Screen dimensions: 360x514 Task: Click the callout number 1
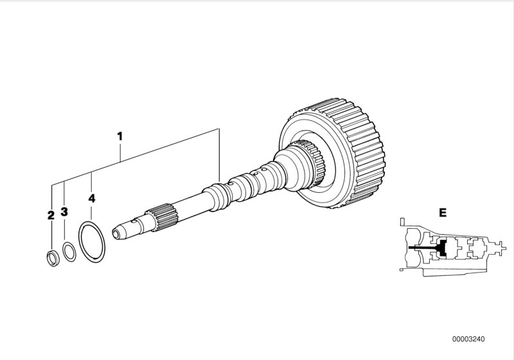(x=120, y=136)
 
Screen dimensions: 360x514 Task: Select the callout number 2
(x=51, y=215)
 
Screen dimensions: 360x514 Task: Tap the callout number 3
(x=64, y=212)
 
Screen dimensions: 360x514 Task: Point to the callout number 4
(x=92, y=199)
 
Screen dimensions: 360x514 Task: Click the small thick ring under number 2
(x=50, y=258)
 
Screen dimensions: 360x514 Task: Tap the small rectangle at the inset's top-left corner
(x=402, y=222)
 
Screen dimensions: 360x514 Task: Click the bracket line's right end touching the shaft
(x=218, y=185)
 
